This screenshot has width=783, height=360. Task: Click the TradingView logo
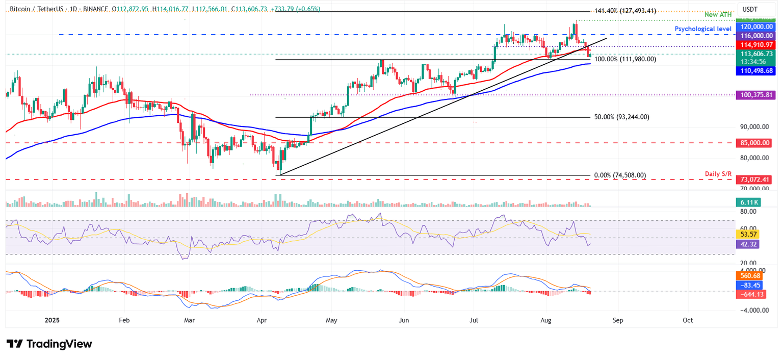[49, 344]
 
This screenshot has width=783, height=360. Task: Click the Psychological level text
[703, 29]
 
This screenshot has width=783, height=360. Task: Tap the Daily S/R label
[719, 174]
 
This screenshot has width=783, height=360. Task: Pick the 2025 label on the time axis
[53, 320]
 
